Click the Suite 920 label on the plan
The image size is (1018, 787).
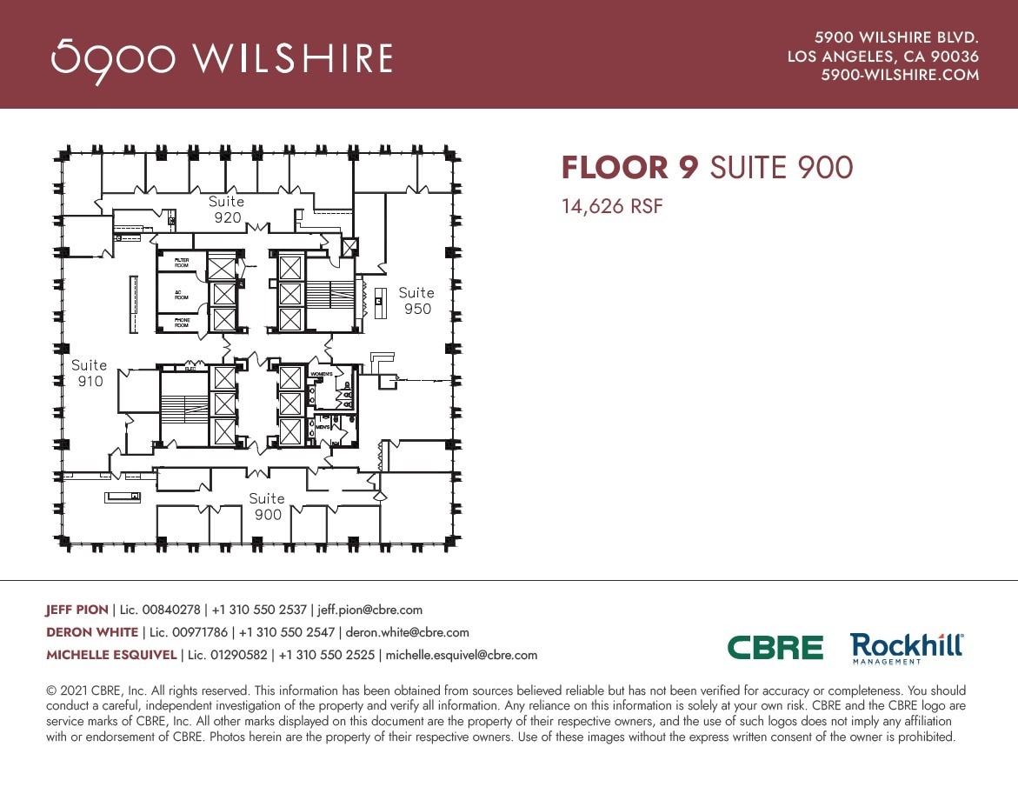coord(226,210)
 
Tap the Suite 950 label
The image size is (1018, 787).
coord(416,301)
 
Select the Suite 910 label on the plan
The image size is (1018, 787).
coord(90,373)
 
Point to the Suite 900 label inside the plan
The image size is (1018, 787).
coord(267,506)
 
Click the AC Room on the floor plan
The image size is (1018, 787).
coord(182,294)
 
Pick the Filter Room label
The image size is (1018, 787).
coord(182,262)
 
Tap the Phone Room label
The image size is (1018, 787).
coord(182,323)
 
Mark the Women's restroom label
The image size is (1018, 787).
coord(322,374)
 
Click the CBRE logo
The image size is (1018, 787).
coord(775,648)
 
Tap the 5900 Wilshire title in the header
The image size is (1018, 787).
coord(222,58)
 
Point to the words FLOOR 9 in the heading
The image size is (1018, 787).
coord(629,168)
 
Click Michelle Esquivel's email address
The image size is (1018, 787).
coord(461,655)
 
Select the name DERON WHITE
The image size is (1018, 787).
coord(91,632)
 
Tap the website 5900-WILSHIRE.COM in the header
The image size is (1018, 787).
coord(900,76)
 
